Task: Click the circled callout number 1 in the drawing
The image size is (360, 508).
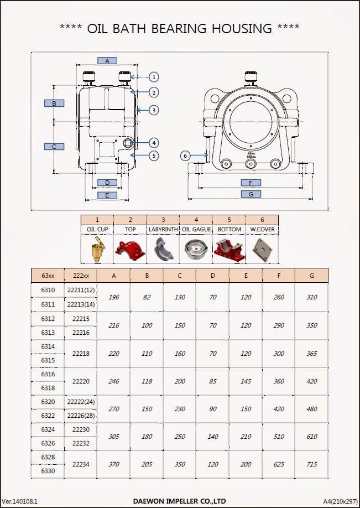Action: click(x=154, y=77)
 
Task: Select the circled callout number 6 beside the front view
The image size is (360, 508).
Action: click(x=186, y=155)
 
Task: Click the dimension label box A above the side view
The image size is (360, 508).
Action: click(x=107, y=60)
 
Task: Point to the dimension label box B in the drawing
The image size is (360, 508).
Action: click(x=54, y=103)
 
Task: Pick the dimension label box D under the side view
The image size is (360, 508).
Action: click(x=107, y=183)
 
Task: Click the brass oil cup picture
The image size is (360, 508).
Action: click(x=97, y=249)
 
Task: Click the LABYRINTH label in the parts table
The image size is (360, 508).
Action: click(x=163, y=229)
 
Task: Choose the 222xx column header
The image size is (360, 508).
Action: click(x=80, y=275)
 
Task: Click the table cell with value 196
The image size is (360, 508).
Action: click(x=113, y=297)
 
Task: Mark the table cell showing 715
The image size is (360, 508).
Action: click(x=311, y=464)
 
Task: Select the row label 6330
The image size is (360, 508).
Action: click(x=48, y=471)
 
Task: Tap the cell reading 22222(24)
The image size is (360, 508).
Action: click(x=81, y=402)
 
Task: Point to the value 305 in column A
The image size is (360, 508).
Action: click(x=113, y=437)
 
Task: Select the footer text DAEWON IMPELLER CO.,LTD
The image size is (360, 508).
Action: click(x=179, y=501)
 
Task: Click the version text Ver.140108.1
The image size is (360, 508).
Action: click(x=20, y=501)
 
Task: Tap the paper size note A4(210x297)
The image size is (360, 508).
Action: click(x=340, y=501)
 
